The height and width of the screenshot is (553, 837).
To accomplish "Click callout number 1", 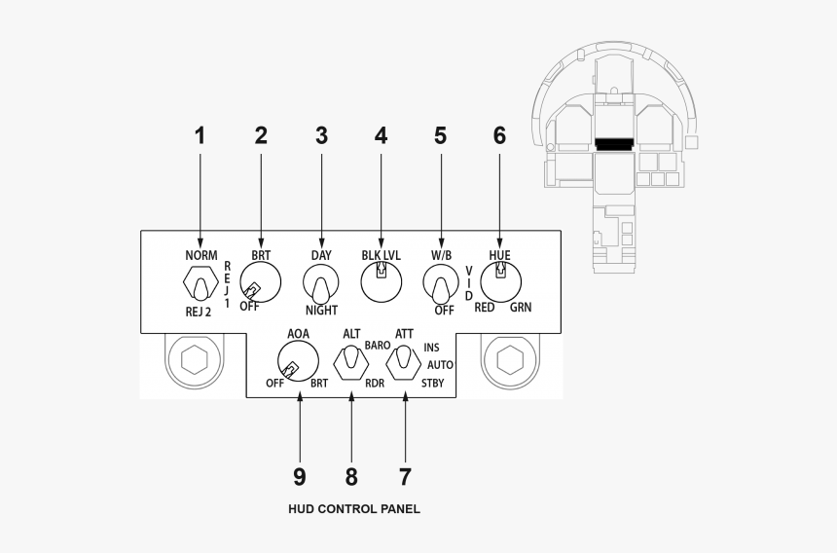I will point(200,136).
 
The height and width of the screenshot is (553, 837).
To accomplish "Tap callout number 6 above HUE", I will point(499,136).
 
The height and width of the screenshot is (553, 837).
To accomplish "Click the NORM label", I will point(200,255).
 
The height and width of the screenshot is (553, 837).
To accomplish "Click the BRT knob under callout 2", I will point(260,285).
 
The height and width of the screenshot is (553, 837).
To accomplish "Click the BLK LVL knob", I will point(381,283).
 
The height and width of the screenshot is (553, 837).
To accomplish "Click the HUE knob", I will point(500,283).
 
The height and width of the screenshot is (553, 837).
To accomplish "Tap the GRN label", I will point(520,308).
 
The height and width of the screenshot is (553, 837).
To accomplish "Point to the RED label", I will point(485,308).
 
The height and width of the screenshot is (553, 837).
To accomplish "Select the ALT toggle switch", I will point(350,364).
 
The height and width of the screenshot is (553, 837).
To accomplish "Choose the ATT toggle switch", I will point(404,363).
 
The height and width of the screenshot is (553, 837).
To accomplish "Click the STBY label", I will point(432,384).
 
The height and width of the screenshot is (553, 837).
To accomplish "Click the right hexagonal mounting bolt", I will point(510,358).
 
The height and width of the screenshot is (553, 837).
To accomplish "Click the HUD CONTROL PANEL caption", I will point(354,508).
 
